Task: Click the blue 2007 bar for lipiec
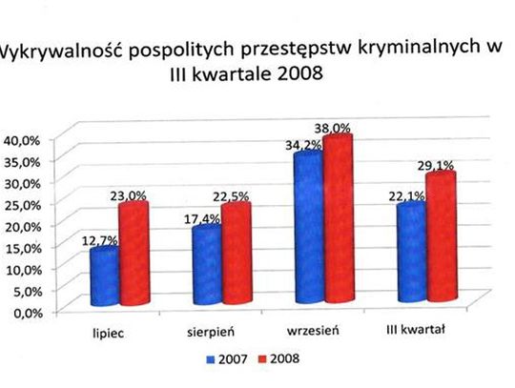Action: (104, 276)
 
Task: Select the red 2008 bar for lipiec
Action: (133, 253)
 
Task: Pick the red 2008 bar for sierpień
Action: (235, 253)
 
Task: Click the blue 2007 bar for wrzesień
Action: (308, 229)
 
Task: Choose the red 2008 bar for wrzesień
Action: (338, 219)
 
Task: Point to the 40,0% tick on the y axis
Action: (21, 139)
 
